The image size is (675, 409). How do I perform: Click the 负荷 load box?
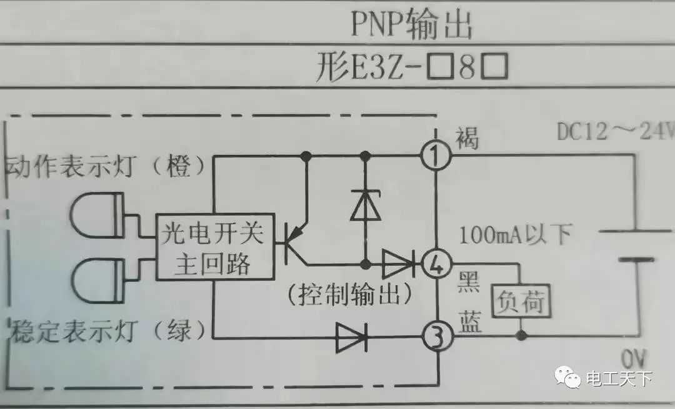(521, 302)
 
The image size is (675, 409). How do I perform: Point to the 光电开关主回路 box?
(212, 247)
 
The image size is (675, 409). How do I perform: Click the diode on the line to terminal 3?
(351, 338)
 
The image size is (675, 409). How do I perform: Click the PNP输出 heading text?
(410, 25)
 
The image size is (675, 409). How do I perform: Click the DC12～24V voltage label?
(615, 132)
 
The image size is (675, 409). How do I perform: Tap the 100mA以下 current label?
(516, 235)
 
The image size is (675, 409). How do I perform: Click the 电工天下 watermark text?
(619, 378)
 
